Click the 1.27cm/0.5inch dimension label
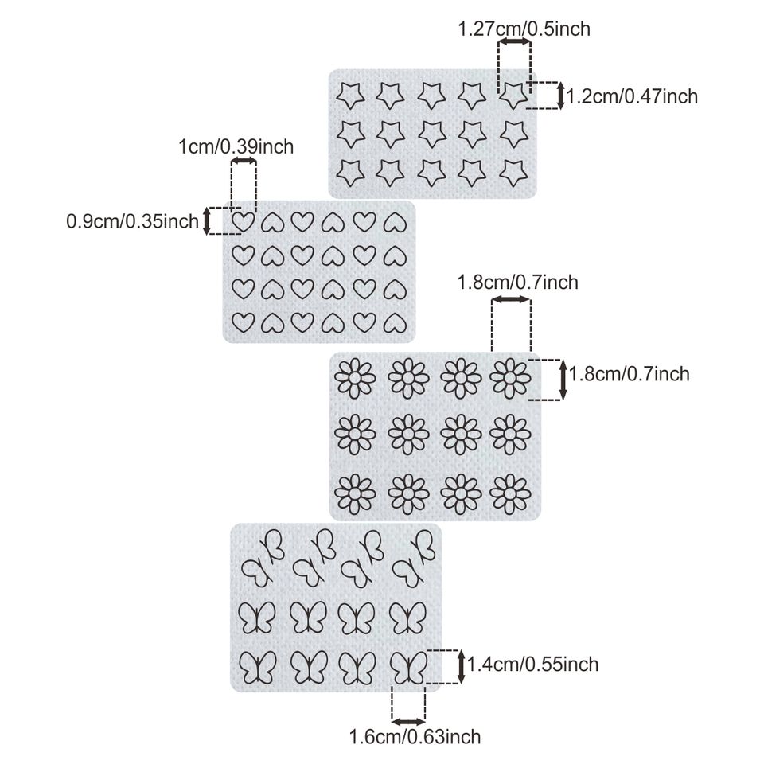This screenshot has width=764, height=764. (524, 30)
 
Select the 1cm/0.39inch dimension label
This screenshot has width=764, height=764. (235, 146)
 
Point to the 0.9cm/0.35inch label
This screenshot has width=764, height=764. (132, 221)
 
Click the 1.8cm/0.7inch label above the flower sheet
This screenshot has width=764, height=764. (518, 283)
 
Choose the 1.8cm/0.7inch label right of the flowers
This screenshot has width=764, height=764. (630, 373)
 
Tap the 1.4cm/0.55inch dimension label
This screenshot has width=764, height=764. (532, 663)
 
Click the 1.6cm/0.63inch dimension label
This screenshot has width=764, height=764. (415, 737)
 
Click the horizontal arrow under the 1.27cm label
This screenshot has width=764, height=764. (515, 41)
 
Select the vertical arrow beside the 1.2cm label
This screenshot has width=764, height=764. (561, 95)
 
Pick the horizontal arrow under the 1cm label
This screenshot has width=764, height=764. (244, 162)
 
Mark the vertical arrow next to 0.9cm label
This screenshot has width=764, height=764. (207, 220)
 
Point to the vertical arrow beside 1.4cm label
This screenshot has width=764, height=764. (462, 665)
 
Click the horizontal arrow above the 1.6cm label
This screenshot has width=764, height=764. (409, 721)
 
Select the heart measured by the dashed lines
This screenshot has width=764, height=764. (244, 220)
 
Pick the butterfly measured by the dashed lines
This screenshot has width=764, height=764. (409, 667)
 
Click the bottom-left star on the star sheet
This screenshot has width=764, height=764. (348, 170)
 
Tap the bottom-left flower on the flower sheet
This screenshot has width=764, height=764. (355, 491)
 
